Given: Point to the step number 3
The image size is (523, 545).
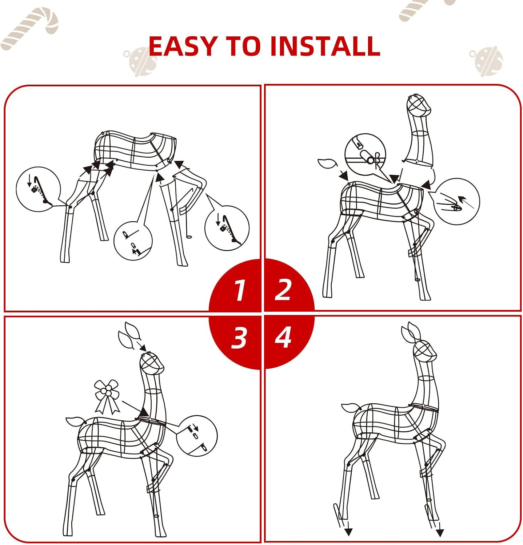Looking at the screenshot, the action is [239, 338].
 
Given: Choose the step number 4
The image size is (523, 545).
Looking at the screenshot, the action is [283, 337].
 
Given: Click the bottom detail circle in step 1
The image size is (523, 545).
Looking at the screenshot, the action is [133, 241].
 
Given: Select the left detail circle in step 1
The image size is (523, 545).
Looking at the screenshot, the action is [39, 189].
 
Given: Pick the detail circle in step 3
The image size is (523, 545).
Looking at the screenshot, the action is [196, 436].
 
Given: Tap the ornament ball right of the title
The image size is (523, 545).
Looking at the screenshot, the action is [487, 61].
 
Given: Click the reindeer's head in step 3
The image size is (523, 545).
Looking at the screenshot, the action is [152, 364].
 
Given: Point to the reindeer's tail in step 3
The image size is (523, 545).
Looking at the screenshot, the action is [76, 422].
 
